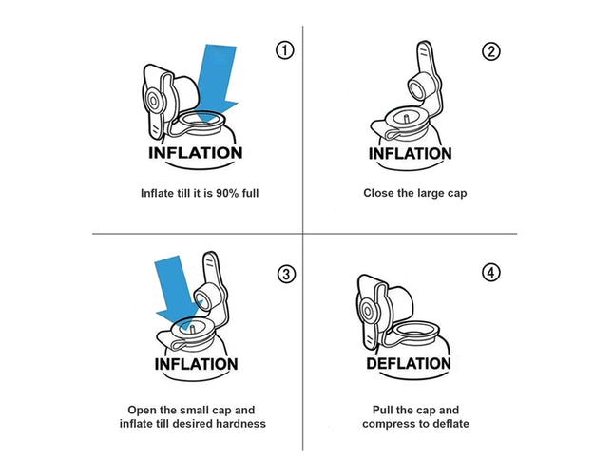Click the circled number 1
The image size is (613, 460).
coord(284,51)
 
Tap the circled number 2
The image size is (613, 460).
coord(490,51)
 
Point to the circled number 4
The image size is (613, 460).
coord(490,273)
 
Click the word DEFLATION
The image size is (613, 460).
coord(408,364)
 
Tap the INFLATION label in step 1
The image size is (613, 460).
coord(196,153)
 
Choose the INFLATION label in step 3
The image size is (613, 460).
coord(196,364)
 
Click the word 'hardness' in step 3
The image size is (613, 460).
coord(241,423)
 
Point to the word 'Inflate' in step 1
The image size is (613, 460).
coord(158,194)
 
